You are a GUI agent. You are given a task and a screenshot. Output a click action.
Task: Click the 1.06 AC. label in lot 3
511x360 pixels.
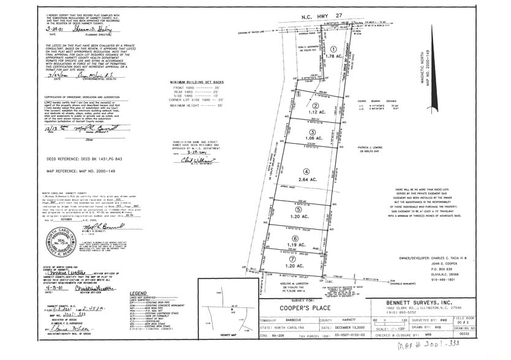point(312,139)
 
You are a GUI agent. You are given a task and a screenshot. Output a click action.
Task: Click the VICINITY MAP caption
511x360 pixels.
point(224,351)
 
